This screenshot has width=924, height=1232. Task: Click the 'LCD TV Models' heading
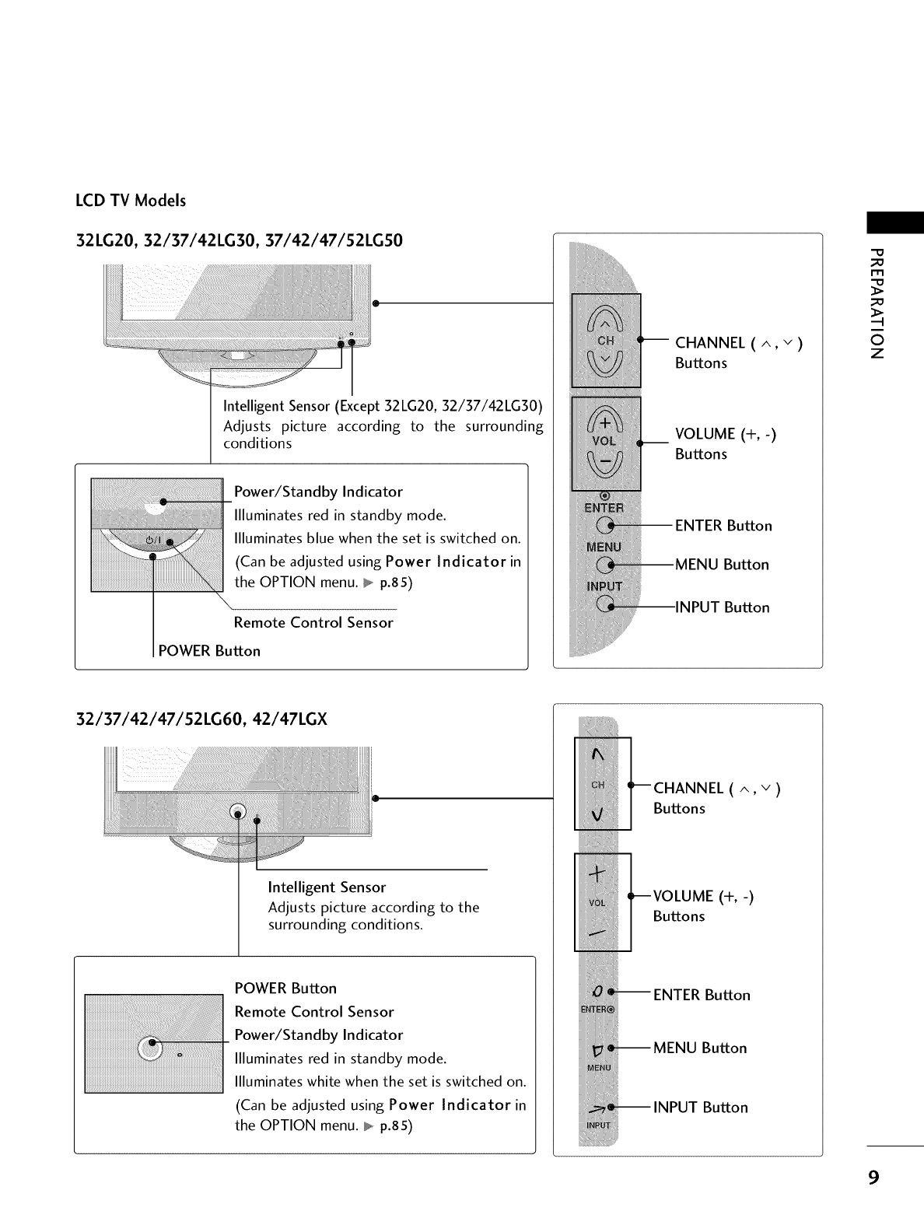[x=130, y=201]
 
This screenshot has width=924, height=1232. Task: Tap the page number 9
[x=874, y=1177]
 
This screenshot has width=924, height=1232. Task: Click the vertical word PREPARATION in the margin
[x=877, y=303]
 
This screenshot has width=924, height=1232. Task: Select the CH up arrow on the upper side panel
[x=605, y=319]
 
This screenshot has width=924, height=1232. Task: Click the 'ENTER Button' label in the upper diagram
[x=723, y=526]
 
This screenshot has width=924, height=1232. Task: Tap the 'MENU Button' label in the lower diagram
[x=700, y=1048]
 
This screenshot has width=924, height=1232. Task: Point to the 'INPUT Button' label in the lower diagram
[x=700, y=1108]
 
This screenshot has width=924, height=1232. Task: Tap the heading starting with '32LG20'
[x=239, y=240]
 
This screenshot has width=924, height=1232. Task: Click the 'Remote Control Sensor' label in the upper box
[x=313, y=623]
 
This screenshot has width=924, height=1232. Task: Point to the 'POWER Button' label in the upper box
[x=208, y=651]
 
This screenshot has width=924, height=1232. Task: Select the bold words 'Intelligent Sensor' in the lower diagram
[x=327, y=887]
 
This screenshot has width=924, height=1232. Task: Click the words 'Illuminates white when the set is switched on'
[x=380, y=1082]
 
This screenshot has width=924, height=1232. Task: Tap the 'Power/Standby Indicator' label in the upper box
[x=318, y=492]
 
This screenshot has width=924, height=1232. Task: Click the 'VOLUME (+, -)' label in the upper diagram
[x=726, y=434]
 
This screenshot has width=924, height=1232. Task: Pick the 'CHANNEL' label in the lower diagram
[x=688, y=789]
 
